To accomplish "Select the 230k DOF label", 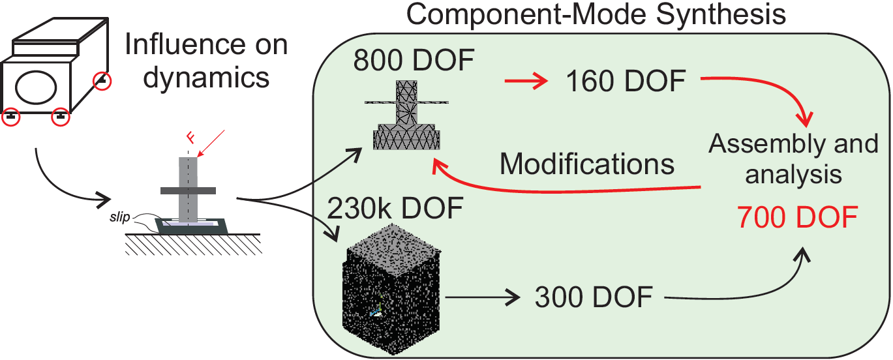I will [395, 210].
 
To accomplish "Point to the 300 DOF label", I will [594, 297].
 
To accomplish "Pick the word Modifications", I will [587, 164].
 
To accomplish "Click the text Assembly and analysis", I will [793, 159].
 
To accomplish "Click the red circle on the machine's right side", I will [102, 82].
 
